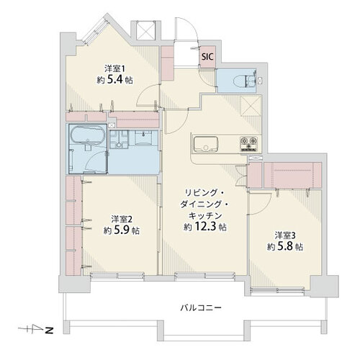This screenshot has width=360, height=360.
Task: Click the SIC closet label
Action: tap(207, 57)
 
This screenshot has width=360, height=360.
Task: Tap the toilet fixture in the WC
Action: tap(244, 80)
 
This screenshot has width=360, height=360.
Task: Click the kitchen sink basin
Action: tap(206, 144)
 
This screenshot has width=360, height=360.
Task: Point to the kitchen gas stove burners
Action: tap(248, 144)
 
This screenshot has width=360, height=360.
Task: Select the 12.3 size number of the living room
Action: tap(204, 226)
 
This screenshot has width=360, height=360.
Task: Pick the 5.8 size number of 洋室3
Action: tap(285, 246)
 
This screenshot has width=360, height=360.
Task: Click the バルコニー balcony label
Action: tap(201, 307)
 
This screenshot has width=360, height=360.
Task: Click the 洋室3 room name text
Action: tap(285, 235)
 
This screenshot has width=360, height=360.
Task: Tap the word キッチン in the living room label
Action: tap(204, 215)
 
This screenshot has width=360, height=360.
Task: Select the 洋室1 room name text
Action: tap(114, 68)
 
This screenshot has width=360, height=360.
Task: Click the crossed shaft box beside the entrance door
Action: tap(145, 30)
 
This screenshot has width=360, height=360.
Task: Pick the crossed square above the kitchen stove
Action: tap(251, 105)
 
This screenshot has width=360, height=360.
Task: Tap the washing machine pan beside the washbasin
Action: tap(119, 139)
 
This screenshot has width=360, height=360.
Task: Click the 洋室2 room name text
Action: tap(122, 219)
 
